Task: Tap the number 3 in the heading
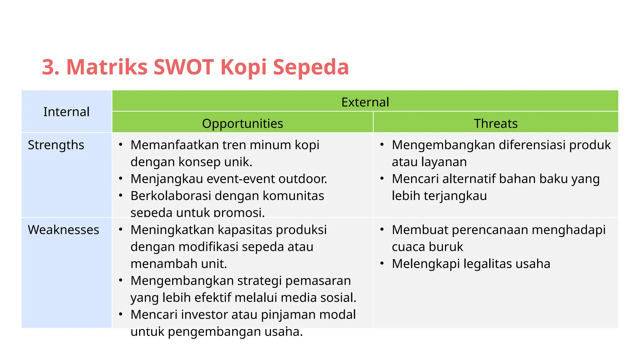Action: point(50,67)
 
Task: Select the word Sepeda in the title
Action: point(311,67)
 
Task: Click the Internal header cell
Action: point(66,112)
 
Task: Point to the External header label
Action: point(365,102)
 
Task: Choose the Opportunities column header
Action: point(242,123)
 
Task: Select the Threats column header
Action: point(496,123)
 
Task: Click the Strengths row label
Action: point(56,145)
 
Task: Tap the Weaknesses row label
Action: point(63,230)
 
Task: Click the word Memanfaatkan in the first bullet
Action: point(174,145)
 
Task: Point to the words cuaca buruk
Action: point(427,247)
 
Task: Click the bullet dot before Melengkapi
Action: point(382,263)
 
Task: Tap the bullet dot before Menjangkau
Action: point(121,179)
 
